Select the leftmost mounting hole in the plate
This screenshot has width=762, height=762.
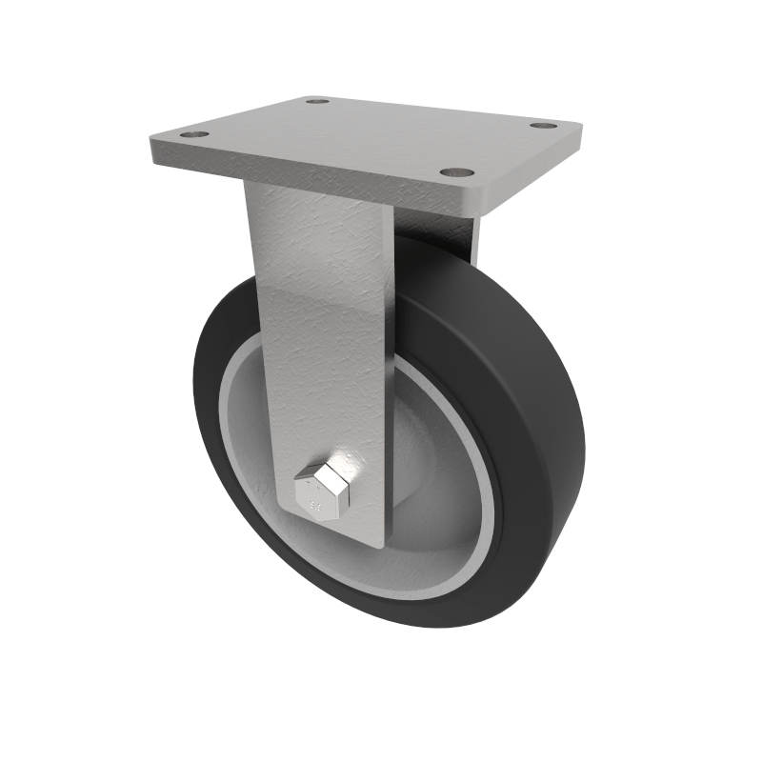(195, 135)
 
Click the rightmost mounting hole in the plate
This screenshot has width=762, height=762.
(543, 126)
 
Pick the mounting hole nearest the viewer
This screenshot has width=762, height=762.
(457, 173)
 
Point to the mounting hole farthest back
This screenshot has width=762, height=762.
(318, 100)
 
